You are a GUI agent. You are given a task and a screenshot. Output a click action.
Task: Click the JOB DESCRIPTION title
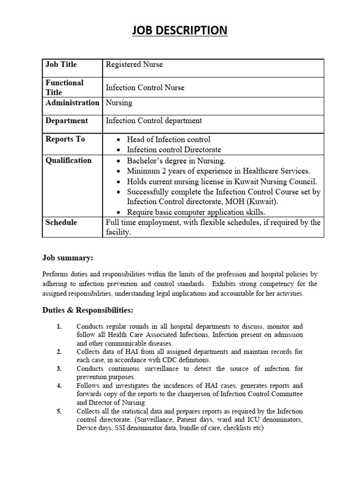pos(180,30)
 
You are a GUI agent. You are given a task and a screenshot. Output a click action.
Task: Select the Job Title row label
pos(61,65)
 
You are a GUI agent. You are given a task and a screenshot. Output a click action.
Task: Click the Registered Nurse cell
pos(134,65)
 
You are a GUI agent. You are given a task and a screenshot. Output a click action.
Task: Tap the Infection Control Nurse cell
pos(145,88)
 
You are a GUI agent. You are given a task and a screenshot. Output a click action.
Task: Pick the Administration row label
pos(72,103)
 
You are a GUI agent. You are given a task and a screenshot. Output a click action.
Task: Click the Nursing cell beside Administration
pos(119,103)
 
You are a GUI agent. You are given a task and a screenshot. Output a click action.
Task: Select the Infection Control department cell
pos(154,121)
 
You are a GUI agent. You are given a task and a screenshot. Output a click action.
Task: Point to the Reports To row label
pos(65,139)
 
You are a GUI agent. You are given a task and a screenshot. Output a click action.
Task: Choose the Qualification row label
pos(68,160)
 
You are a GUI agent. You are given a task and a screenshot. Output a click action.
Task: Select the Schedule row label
pos(61,222)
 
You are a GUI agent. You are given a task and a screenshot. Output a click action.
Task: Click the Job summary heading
pos(67,258)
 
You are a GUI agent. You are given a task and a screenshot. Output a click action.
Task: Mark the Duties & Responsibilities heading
pos(88,310)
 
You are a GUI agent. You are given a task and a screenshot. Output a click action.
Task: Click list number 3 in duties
pos(59,369)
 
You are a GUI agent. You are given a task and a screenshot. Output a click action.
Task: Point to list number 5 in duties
pos(59,411)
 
